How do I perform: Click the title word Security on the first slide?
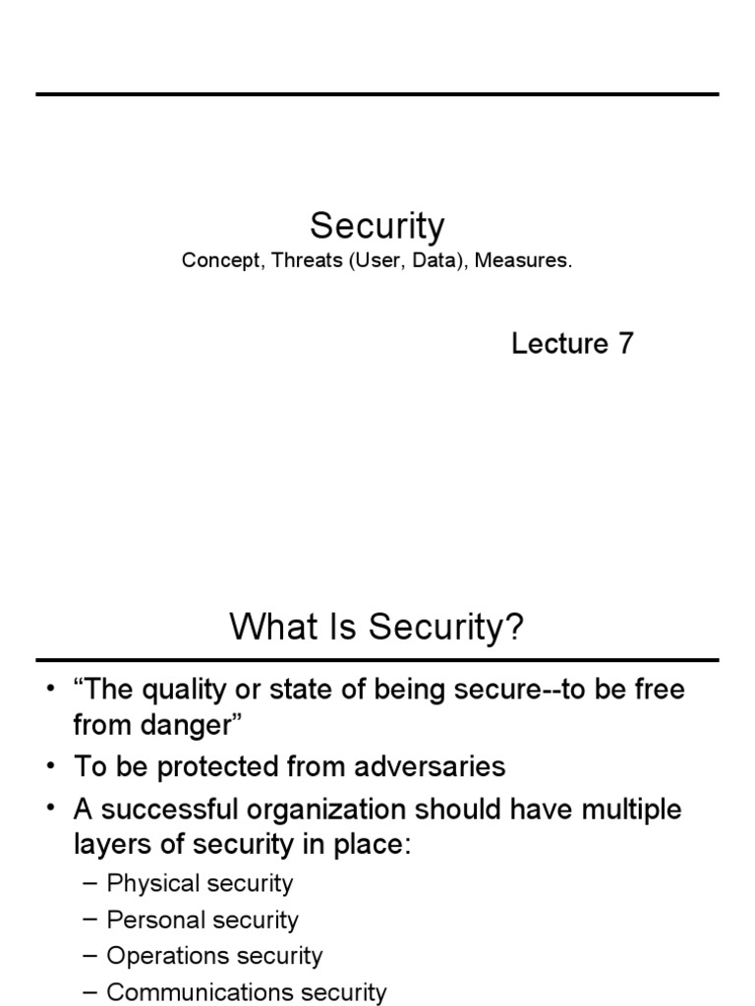[x=377, y=227]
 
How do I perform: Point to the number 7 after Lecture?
[x=626, y=344]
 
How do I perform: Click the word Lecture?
[x=560, y=344]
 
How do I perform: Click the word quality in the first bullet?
[x=182, y=690]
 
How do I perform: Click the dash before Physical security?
[x=89, y=883]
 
